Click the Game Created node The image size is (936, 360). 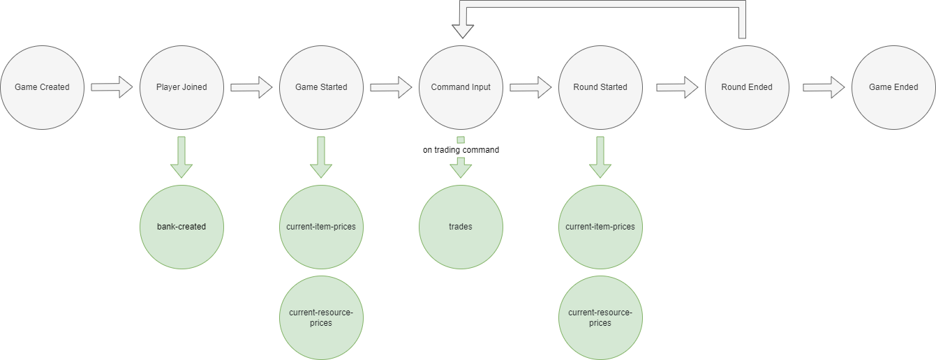[x=42, y=87]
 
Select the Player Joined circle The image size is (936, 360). [x=181, y=87]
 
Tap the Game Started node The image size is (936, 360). [x=321, y=87]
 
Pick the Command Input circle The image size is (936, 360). [x=461, y=87]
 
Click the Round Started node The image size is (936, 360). [x=600, y=87]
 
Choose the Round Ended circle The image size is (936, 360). [x=747, y=87]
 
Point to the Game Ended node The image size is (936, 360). [x=893, y=87]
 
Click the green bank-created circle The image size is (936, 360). [x=181, y=227]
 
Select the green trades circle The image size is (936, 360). [x=461, y=227]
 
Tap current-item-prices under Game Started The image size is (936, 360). [x=321, y=227]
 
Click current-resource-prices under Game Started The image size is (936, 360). [x=321, y=317]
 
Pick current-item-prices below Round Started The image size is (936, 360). [x=600, y=227]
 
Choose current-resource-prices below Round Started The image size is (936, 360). [x=600, y=317]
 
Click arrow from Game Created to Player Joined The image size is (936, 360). [x=112, y=87]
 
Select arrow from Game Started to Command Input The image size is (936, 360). [x=391, y=87]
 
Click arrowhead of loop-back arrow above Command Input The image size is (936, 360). [x=461, y=29]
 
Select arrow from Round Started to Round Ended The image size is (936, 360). [x=677, y=87]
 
